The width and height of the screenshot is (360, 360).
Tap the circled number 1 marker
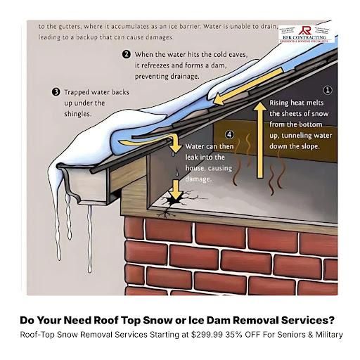coord(327,91)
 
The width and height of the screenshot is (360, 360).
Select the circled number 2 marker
coord(126,54)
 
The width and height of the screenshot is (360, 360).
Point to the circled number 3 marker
coord(56,91)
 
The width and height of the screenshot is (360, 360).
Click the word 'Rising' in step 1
coord(283,103)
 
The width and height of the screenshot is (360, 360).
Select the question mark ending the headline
coord(334,319)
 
